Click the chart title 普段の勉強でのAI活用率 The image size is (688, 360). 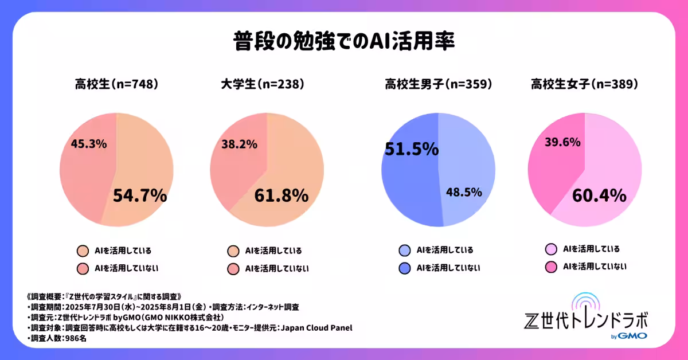344,42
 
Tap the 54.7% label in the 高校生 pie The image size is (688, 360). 139,195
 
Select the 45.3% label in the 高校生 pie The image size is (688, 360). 88,144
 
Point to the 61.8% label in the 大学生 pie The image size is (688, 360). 281,195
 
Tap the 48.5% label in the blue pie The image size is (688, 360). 464,192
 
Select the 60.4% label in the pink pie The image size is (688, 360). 599,196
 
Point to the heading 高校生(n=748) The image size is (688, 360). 116,84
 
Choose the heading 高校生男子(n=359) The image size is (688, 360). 439,84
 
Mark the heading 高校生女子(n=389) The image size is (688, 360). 584,84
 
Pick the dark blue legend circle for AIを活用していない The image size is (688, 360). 404,268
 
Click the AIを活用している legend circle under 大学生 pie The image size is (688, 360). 233,251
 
